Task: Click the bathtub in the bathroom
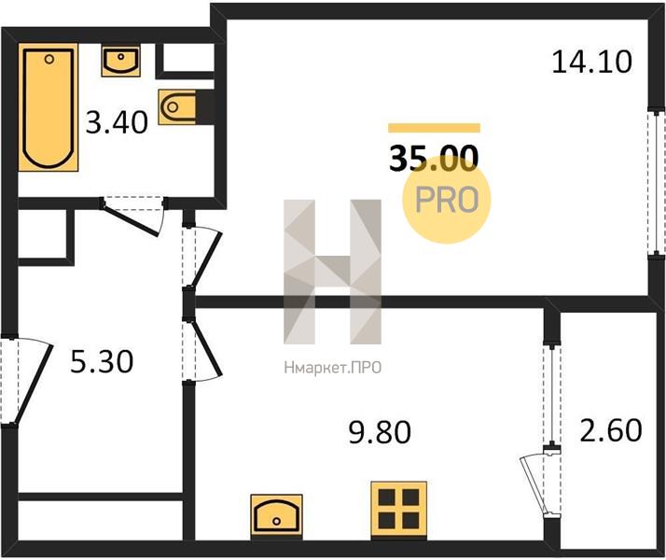(x=48, y=107)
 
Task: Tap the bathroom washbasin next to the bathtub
(x=120, y=62)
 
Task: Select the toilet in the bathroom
(x=177, y=106)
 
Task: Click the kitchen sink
(x=276, y=515)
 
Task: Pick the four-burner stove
(x=399, y=509)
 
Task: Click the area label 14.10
(x=591, y=62)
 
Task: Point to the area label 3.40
(x=117, y=122)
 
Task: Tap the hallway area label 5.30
(x=102, y=361)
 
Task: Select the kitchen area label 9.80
(x=380, y=432)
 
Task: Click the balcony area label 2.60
(x=611, y=430)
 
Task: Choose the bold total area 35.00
(x=434, y=158)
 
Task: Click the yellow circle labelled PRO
(x=447, y=200)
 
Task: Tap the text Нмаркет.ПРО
(x=333, y=368)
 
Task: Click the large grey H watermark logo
(x=333, y=272)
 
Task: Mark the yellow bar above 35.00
(x=434, y=128)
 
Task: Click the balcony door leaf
(x=534, y=485)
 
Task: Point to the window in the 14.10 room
(x=657, y=183)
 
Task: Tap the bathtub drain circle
(x=49, y=59)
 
